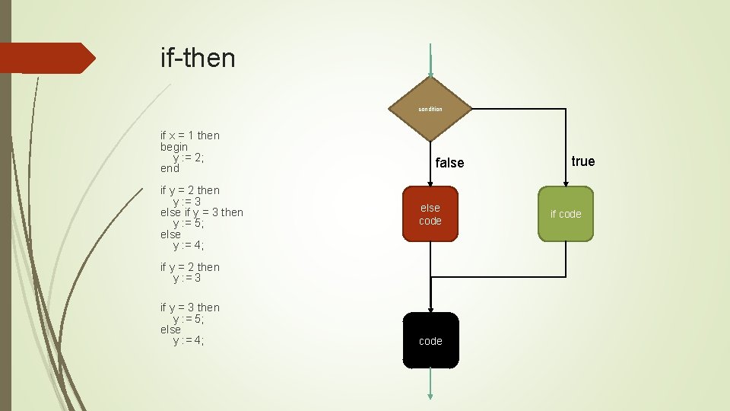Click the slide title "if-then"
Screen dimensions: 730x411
[x=198, y=57]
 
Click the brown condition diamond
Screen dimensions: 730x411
[x=430, y=109]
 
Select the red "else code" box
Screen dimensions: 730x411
[x=430, y=214]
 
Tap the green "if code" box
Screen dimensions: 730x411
[x=566, y=214]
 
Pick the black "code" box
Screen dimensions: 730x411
[x=430, y=340]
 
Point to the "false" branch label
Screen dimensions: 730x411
[x=449, y=163]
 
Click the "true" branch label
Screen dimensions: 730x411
[x=583, y=161]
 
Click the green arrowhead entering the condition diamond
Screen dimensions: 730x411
[x=430, y=73]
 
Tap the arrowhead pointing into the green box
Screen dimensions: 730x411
[x=566, y=183]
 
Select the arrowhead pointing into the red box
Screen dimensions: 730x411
[x=430, y=183]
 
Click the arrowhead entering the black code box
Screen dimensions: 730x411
[x=430, y=308]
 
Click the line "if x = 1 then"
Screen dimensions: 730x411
[x=190, y=135]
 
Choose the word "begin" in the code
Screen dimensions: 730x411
[x=174, y=146]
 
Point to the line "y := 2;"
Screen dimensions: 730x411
[x=189, y=158]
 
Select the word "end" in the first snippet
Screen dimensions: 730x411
[x=170, y=168]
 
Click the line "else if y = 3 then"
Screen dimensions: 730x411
[x=202, y=212]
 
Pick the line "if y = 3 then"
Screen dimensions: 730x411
[x=190, y=307]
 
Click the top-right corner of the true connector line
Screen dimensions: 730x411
[x=566, y=110]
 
